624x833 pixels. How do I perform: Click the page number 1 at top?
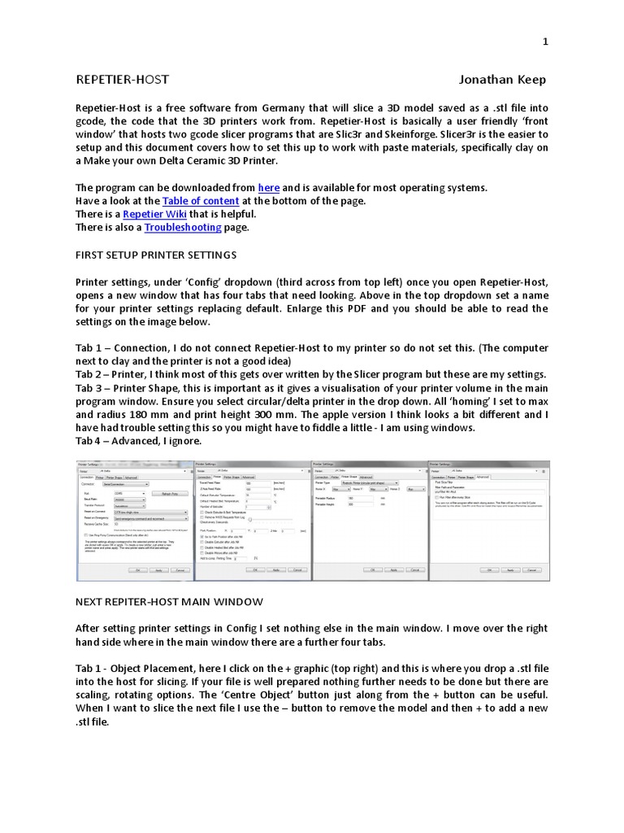click(x=546, y=41)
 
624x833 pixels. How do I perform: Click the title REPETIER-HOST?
click(x=123, y=79)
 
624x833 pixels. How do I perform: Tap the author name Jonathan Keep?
click(x=502, y=79)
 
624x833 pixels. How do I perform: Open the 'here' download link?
click(x=268, y=188)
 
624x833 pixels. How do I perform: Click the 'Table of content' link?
click(x=201, y=201)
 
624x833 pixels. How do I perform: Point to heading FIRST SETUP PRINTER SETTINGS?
click(x=156, y=255)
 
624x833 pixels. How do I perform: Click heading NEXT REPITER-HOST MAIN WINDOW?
click(x=169, y=601)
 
